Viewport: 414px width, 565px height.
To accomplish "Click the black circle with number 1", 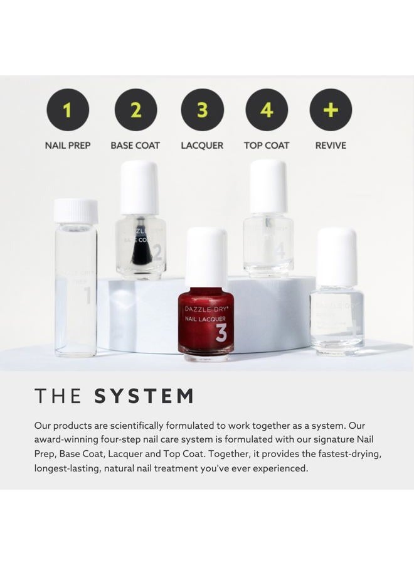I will pyautogui.click(x=68, y=110).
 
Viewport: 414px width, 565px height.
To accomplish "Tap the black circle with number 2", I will pyautogui.click(x=135, y=110).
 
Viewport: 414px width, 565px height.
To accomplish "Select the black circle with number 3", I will pyautogui.click(x=202, y=110).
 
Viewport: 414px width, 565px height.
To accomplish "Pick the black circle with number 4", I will pyautogui.click(x=267, y=110).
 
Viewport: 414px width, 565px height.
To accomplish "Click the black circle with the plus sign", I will pyautogui.click(x=331, y=110).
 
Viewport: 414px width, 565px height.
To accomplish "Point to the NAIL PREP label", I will pyautogui.click(x=68, y=146).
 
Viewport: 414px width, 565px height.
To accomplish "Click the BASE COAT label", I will pyautogui.click(x=135, y=146).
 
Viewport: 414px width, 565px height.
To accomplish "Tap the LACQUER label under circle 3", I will pyautogui.click(x=202, y=146).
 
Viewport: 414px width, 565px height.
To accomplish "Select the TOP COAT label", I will pyautogui.click(x=267, y=146).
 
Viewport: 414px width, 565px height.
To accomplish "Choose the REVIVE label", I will pyautogui.click(x=331, y=146).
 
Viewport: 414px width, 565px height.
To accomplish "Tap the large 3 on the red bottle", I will pyautogui.click(x=221, y=333).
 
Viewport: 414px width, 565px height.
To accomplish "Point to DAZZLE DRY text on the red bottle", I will pyautogui.click(x=206, y=308).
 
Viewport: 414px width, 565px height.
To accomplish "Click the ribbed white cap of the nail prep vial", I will pyautogui.click(x=76, y=211).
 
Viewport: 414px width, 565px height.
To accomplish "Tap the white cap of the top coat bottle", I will pyautogui.click(x=268, y=186).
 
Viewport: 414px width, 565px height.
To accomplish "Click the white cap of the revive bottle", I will pyautogui.click(x=337, y=256).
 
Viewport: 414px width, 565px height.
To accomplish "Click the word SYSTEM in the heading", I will pyautogui.click(x=144, y=397).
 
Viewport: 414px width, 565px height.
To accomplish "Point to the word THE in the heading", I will pyautogui.click(x=58, y=397).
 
